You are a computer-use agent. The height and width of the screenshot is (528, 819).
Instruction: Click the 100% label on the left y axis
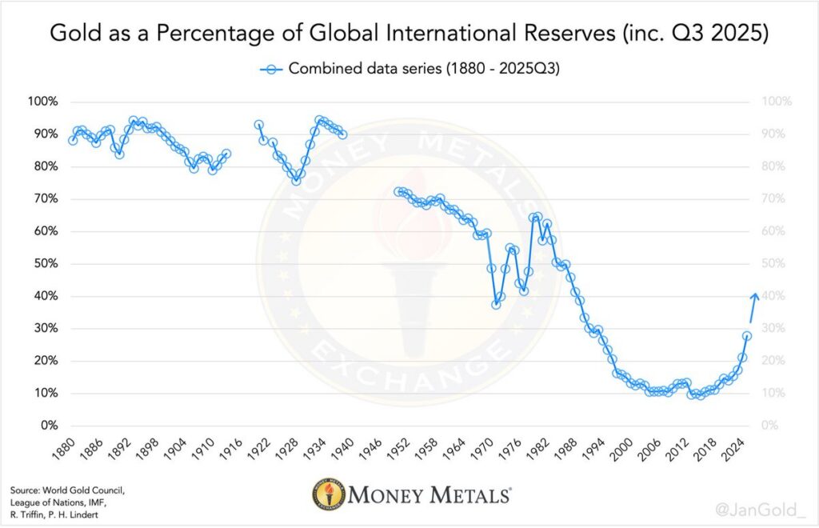click(x=42, y=102)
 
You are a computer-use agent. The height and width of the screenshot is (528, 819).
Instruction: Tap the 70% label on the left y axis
click(x=44, y=199)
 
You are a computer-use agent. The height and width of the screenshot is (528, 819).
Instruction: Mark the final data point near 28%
click(x=747, y=336)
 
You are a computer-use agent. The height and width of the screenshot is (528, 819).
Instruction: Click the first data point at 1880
click(x=73, y=140)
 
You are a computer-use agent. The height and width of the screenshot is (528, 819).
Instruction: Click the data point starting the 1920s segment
click(x=259, y=125)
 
